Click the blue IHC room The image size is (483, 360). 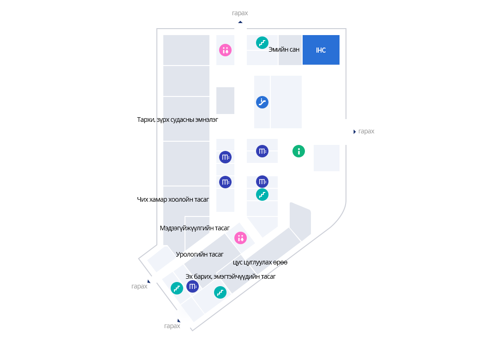[321, 50]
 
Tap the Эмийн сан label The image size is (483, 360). [284, 50]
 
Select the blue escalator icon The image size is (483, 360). [262, 102]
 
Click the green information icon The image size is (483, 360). [299, 151]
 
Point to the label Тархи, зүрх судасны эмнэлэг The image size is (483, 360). [177, 120]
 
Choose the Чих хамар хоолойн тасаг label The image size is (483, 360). [173, 199]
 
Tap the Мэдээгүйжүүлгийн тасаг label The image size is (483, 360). [195, 228]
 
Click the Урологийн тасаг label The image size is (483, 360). [200, 254]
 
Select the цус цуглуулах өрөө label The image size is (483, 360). [260, 262]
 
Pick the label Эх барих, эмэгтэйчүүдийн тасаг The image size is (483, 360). [230, 276]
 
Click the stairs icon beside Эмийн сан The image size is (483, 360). [262, 43]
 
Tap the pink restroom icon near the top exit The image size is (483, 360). [225, 50]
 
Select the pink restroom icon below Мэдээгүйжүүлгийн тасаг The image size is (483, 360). [241, 238]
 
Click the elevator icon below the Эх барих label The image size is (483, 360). [192, 287]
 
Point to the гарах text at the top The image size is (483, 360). [240, 13]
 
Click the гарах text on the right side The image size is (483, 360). [366, 132]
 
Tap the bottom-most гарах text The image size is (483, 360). [172, 326]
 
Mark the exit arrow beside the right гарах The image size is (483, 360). [354, 132]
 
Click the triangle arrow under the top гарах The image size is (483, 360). [240, 21]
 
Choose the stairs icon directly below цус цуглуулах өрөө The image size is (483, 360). [221, 292]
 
